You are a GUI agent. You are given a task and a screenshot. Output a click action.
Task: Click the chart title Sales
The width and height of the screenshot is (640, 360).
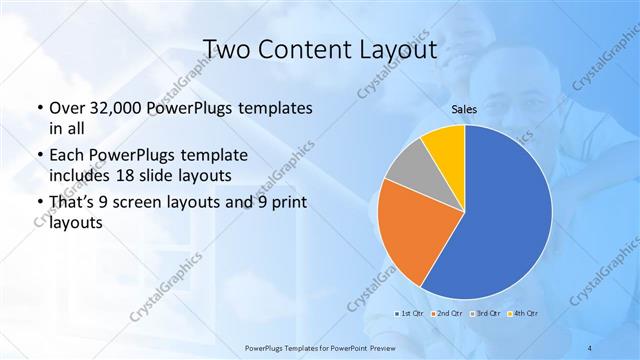(464, 109)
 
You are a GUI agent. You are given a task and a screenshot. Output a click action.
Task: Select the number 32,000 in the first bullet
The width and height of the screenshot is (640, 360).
(115, 108)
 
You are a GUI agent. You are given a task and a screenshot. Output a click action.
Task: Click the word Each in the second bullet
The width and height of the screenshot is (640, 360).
(66, 157)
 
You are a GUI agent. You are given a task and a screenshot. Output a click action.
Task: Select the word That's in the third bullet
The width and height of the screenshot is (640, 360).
(72, 205)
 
